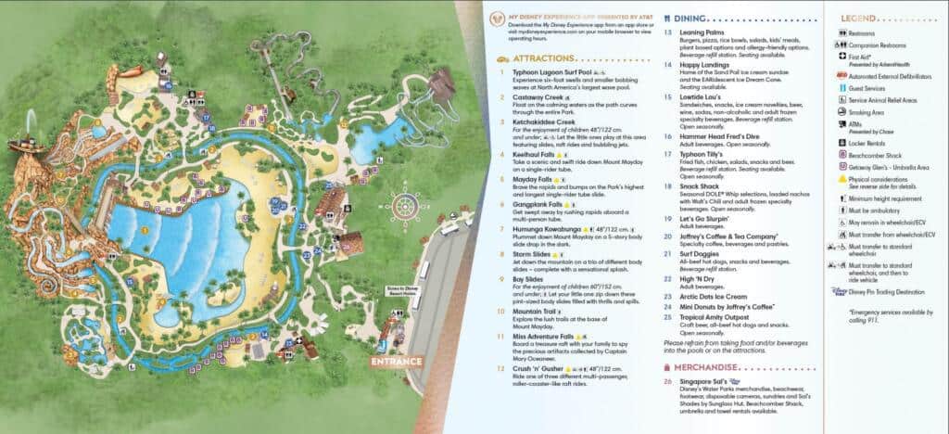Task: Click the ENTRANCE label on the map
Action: [397, 361]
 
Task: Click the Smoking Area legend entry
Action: [869, 110]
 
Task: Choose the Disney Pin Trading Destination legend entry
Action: [890, 291]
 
